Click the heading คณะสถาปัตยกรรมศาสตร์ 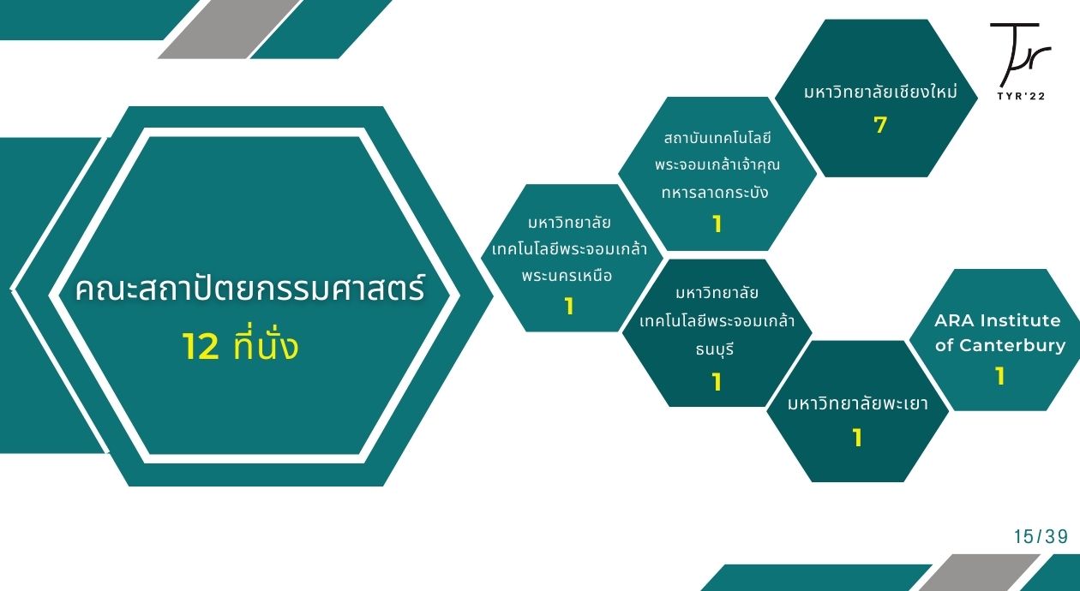tap(250, 289)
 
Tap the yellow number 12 tap(201, 347)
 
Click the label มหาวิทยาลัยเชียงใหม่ tap(880, 92)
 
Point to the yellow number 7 tap(880, 125)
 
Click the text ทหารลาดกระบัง tap(715, 192)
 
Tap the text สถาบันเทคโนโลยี tap(717, 138)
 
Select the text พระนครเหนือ tap(567, 276)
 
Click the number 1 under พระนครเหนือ tap(569, 307)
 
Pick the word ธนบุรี tap(715, 349)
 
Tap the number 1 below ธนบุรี tap(717, 382)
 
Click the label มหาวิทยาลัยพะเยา tap(858, 403)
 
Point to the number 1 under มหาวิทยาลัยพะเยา tap(857, 438)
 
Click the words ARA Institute tap(998, 320)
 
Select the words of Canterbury tap(1000, 345)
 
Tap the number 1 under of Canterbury tap(1000, 376)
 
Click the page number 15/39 tap(1041, 536)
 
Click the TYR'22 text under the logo tap(1021, 96)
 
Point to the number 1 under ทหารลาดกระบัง tap(717, 224)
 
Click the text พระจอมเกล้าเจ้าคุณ tap(717, 164)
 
